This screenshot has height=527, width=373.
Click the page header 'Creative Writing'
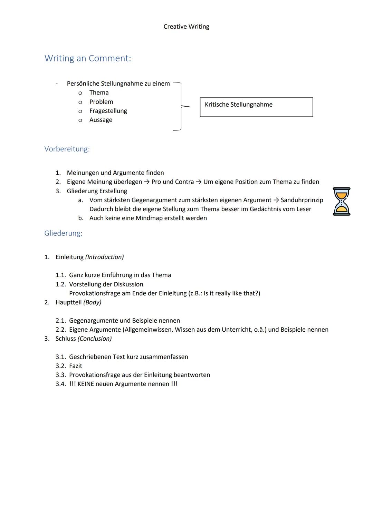pos(186,27)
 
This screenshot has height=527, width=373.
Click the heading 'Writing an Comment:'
pos(88,58)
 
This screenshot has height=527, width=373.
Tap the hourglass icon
pos(341,202)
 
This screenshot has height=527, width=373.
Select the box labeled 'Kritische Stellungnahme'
pos(256,107)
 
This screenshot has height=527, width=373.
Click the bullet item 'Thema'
pos(99,92)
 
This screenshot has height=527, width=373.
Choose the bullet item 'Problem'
pos(101,102)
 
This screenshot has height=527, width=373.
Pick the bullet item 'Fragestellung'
pos(108,111)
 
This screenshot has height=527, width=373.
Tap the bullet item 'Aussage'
pos(101,120)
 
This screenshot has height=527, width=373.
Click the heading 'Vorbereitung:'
pos(67,149)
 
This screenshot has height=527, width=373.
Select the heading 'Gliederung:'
pos(63,233)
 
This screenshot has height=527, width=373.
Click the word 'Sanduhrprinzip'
pos(302,200)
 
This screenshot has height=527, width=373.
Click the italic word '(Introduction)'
pos(104,257)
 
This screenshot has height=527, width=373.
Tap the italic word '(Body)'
pos(92,302)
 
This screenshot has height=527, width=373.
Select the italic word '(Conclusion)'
pos(95,339)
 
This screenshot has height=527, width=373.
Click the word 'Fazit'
pos(76,366)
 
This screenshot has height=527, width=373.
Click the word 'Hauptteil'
pos(68,302)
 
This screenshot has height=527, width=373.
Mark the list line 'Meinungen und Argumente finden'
pos(115,173)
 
